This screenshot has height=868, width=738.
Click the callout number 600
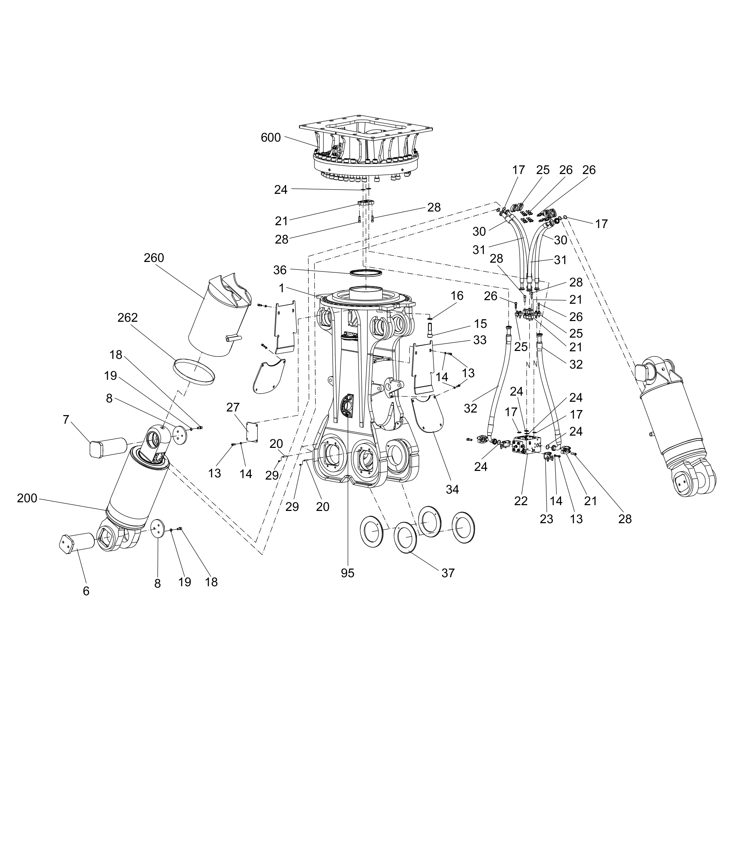pyautogui.click(x=271, y=138)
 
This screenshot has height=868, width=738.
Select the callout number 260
pyautogui.click(x=154, y=258)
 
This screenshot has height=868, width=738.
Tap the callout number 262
pyautogui.click(x=128, y=318)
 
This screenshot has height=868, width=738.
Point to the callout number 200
pyautogui.click(x=27, y=498)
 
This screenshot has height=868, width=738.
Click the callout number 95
pyautogui.click(x=347, y=573)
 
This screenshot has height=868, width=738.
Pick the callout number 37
pyautogui.click(x=448, y=573)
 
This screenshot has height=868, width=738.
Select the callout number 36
pyautogui.click(x=280, y=270)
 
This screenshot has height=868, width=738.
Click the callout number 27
pyautogui.click(x=233, y=408)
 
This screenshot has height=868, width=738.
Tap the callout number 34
pyautogui.click(x=452, y=489)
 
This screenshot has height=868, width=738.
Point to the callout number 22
pyautogui.click(x=521, y=501)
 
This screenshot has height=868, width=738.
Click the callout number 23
pyautogui.click(x=546, y=519)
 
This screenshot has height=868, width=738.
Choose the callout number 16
pyautogui.click(x=457, y=296)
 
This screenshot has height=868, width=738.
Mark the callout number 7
pyautogui.click(x=66, y=419)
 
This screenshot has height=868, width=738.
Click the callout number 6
pyautogui.click(x=86, y=591)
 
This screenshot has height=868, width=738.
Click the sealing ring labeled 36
pyautogui.click(x=366, y=273)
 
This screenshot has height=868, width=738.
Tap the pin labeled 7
pyautogui.click(x=108, y=447)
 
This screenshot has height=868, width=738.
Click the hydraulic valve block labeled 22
pyautogui.click(x=527, y=444)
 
